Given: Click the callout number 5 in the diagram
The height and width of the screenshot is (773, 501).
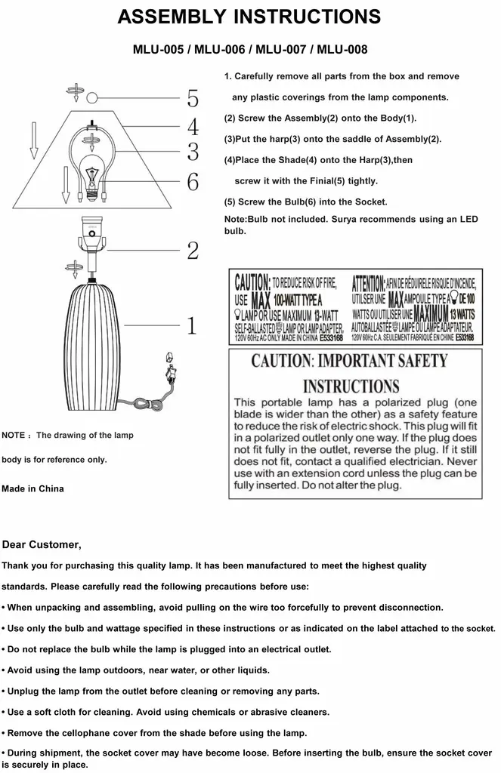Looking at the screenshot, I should click(193, 99).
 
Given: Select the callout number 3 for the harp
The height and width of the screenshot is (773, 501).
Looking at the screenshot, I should click(193, 152).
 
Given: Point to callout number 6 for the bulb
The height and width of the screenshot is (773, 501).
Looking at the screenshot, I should click(193, 181).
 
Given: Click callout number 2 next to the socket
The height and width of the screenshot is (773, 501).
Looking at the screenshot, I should click(192, 250).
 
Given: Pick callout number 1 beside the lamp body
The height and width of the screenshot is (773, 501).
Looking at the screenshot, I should click(192, 326).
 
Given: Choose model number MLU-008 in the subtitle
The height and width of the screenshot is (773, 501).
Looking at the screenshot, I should click(342, 50).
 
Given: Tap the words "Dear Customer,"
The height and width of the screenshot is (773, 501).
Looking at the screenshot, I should click(42, 544).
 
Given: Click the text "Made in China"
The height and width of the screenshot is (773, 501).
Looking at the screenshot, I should click(32, 488).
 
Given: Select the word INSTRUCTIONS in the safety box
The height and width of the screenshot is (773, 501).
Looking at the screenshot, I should click(351, 386).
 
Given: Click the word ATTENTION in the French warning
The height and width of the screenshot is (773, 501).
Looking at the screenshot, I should click(368, 283).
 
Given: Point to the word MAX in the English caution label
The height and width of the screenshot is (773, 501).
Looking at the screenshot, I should click(261, 297).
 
